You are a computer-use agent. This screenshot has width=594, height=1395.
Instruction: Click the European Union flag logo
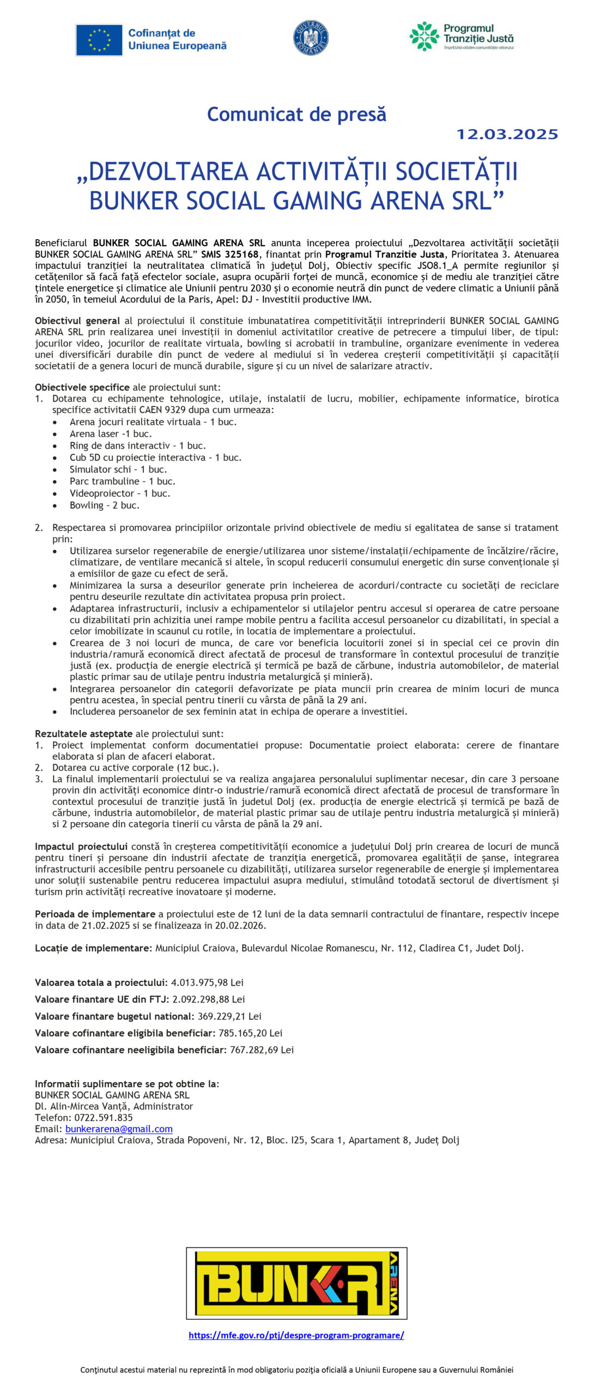point(99,40)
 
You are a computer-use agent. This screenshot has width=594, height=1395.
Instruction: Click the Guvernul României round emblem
point(311,38)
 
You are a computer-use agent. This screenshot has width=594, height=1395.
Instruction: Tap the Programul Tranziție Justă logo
point(461,37)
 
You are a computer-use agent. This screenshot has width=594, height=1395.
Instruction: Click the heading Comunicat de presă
point(296,114)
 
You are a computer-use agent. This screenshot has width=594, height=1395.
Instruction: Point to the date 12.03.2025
point(507,135)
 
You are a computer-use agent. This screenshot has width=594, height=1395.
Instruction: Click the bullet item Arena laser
point(111,434)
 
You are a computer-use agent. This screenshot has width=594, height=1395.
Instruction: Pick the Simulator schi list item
point(118,469)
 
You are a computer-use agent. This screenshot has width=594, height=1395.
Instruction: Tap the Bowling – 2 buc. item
point(104,505)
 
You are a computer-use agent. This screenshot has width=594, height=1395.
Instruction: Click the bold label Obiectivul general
point(77,320)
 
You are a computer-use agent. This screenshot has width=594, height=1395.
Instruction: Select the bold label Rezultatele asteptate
point(84,733)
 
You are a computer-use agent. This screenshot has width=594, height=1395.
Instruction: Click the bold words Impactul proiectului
point(81,846)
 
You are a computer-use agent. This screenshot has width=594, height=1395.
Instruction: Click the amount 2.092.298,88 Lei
point(209,999)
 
